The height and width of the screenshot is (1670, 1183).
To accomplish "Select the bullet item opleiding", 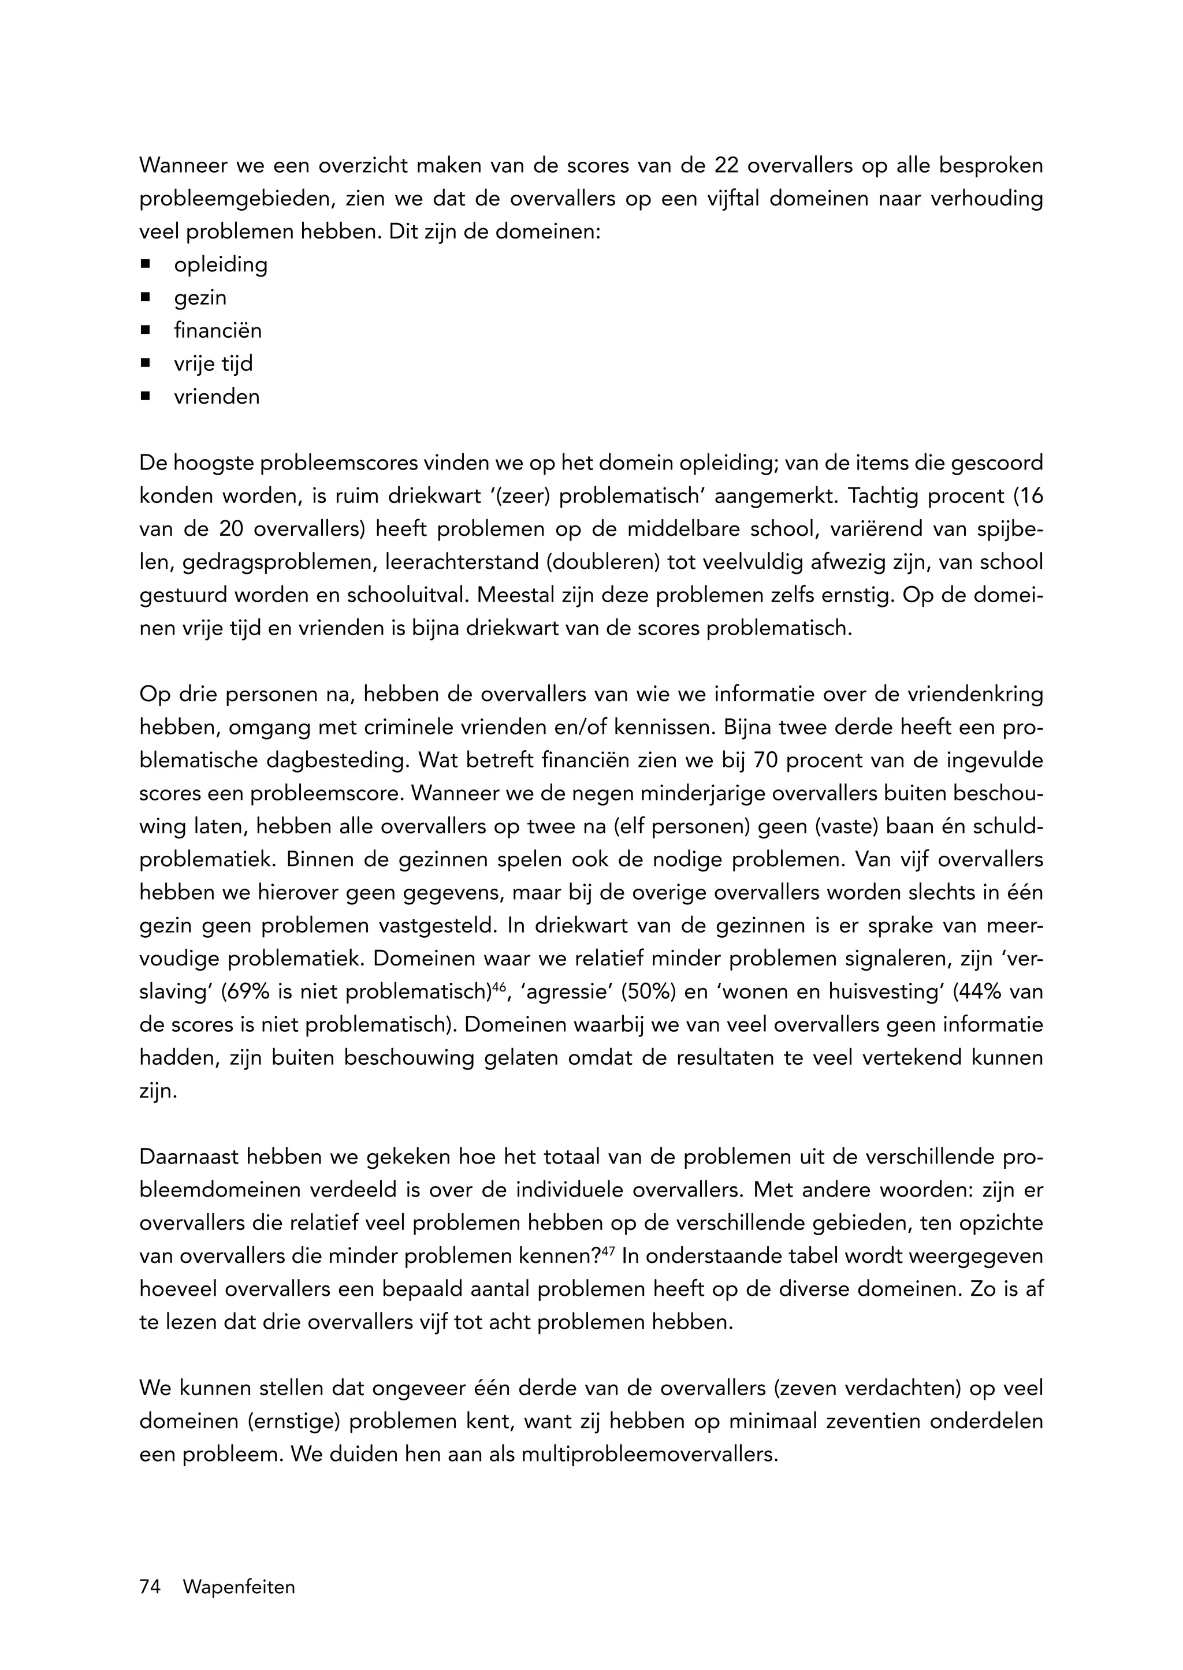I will pyautogui.click(x=221, y=264).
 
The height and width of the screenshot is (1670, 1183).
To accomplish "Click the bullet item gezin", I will pyautogui.click(x=200, y=298).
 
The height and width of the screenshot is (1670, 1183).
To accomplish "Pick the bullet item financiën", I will pyautogui.click(x=218, y=331).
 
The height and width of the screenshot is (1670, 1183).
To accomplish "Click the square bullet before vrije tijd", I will pyautogui.click(x=146, y=363).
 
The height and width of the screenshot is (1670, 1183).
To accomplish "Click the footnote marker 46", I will pyautogui.click(x=499, y=987).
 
